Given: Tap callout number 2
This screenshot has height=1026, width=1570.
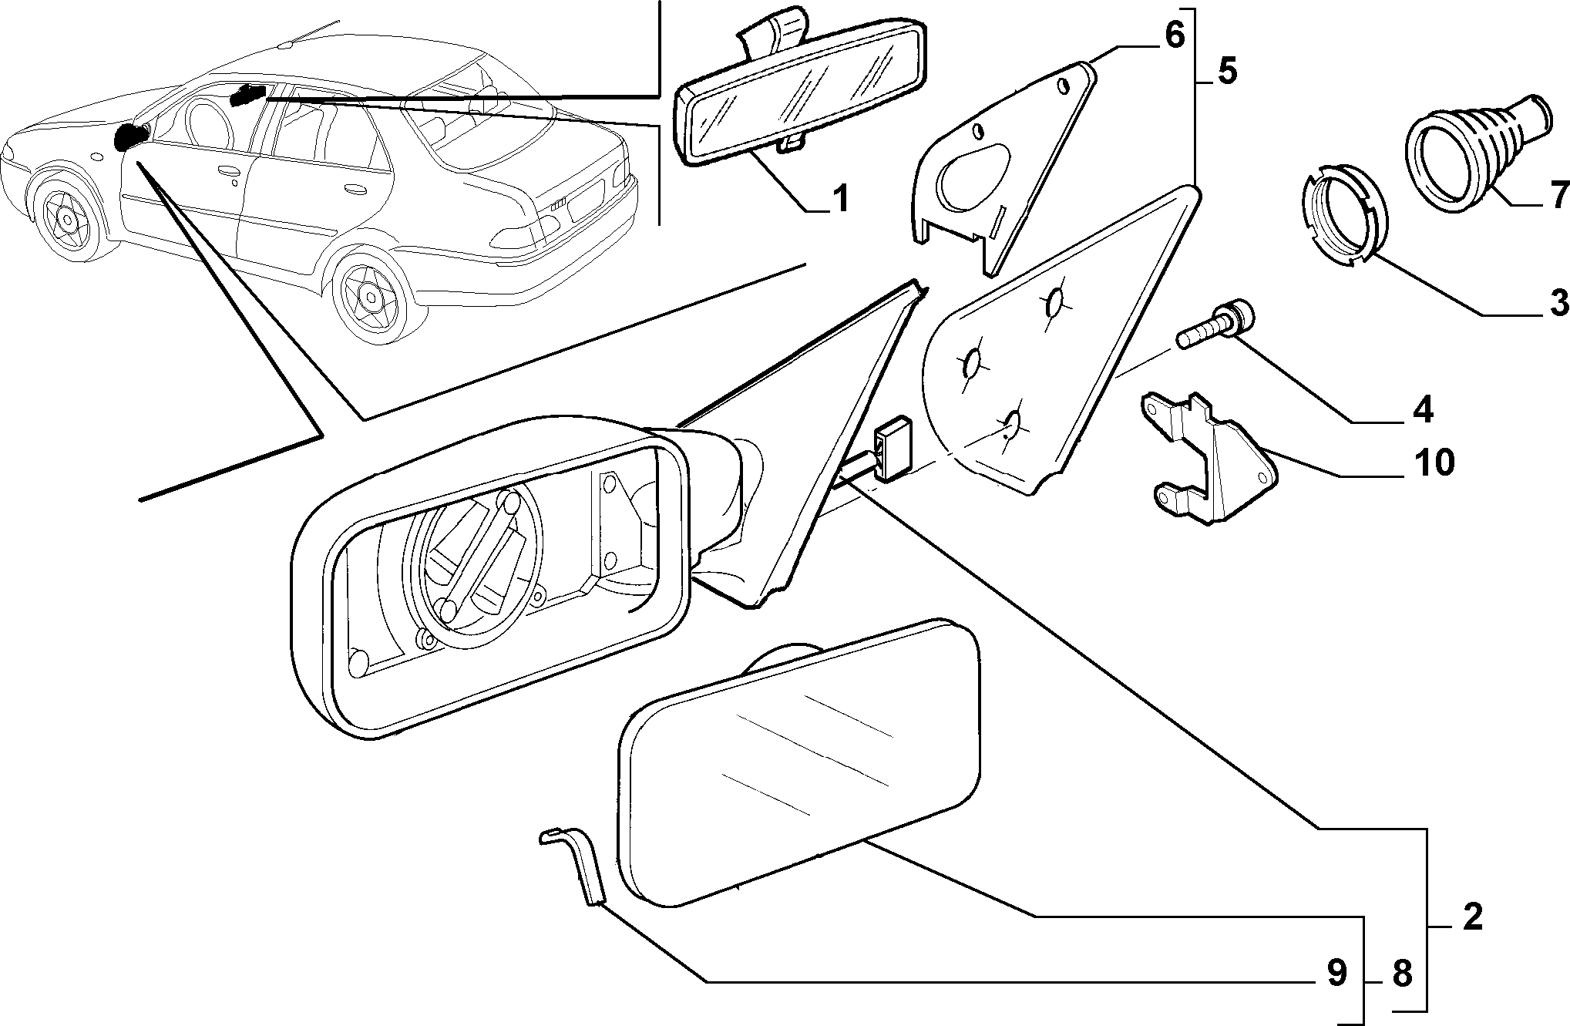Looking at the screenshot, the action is pyautogui.click(x=1472, y=917).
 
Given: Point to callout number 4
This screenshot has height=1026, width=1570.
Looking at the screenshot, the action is pyautogui.click(x=1422, y=409).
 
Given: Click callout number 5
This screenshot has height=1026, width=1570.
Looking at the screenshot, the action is pyautogui.click(x=1226, y=71).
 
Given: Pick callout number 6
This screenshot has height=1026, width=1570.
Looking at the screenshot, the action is pyautogui.click(x=1173, y=35).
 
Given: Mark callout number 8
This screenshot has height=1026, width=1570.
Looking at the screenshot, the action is pyautogui.click(x=1401, y=974).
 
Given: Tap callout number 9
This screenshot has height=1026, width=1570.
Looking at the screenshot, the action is pyautogui.click(x=1336, y=974).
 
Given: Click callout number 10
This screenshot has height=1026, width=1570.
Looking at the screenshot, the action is pyautogui.click(x=1433, y=463).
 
